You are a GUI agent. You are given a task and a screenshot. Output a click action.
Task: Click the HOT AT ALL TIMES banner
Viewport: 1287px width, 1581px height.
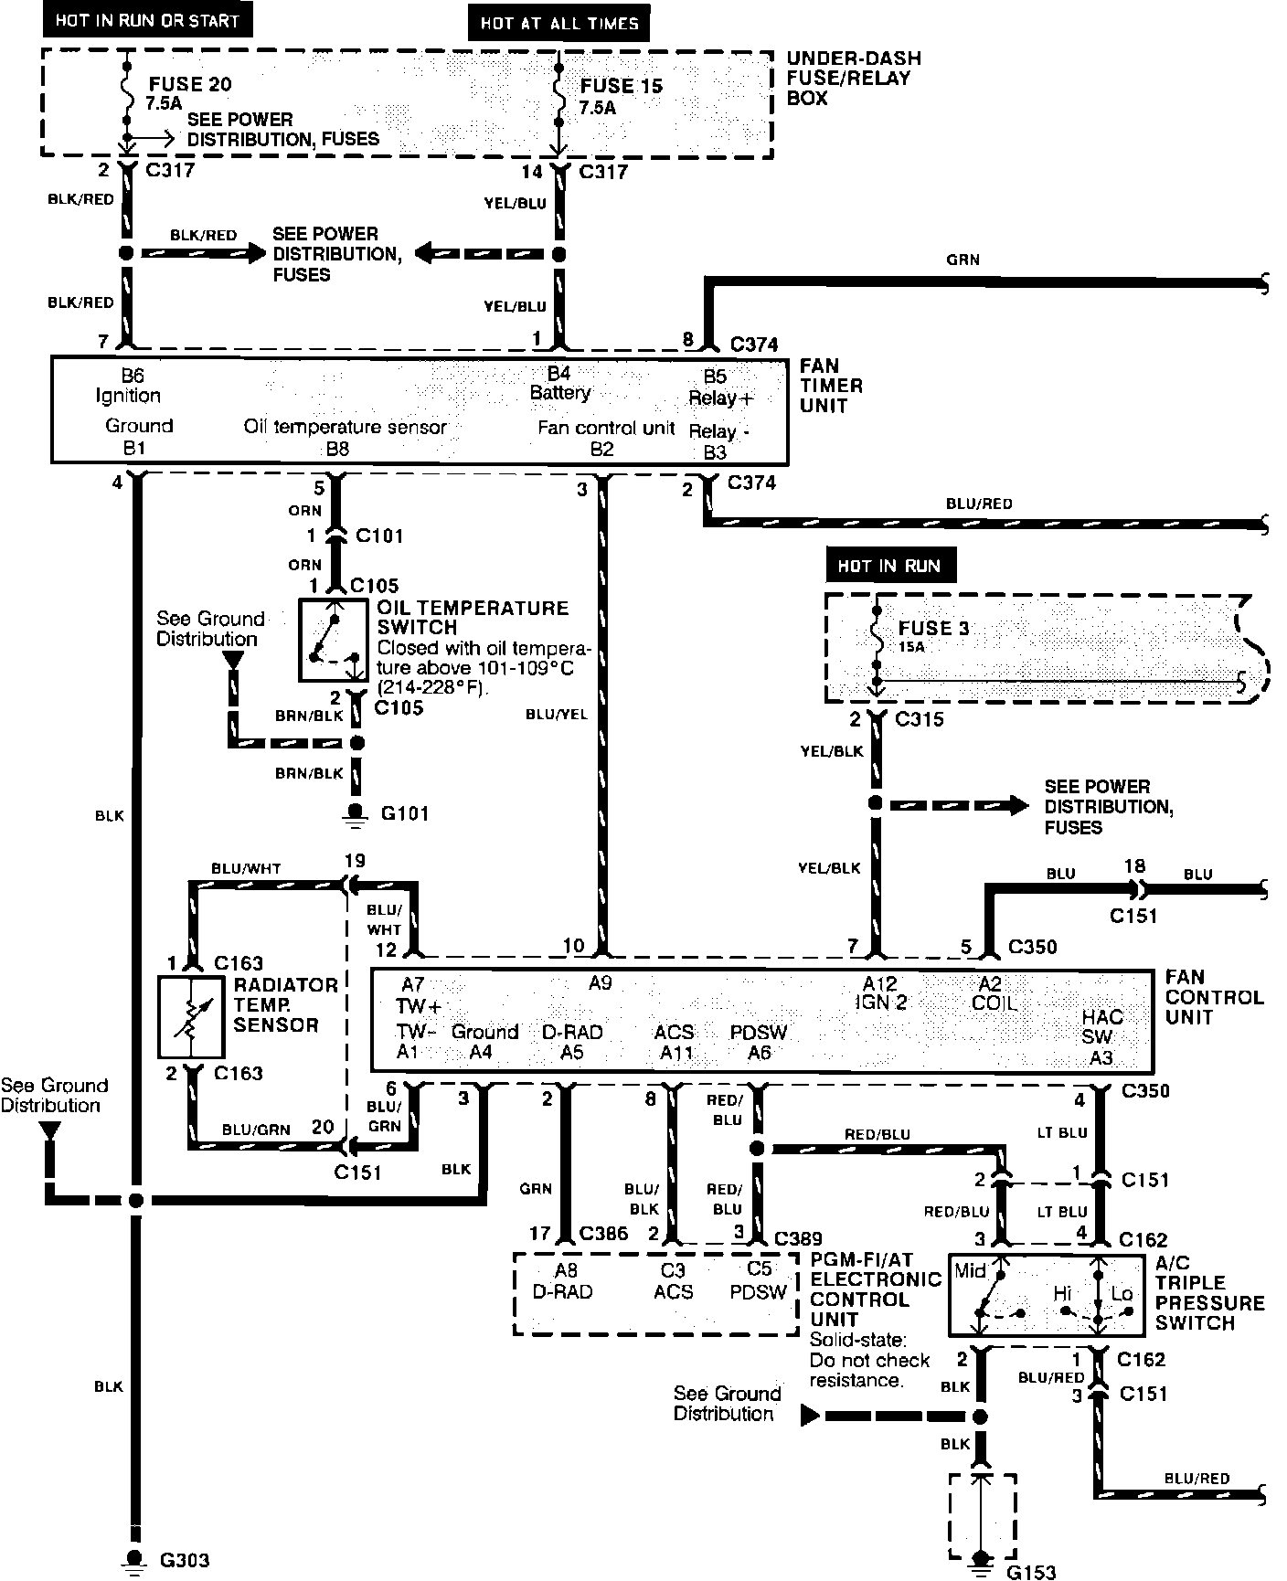click(558, 24)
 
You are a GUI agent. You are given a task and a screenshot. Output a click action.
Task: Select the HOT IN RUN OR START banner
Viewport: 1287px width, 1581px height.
click(147, 20)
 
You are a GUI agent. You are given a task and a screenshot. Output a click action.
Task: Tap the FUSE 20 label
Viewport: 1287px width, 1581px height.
click(189, 85)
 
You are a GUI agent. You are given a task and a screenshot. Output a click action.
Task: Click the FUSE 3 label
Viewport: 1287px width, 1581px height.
click(932, 629)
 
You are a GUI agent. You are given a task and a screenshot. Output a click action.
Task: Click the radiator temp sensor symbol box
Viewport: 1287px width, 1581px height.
click(191, 1017)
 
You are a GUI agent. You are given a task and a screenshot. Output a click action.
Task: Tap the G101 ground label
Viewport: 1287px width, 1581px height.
click(404, 813)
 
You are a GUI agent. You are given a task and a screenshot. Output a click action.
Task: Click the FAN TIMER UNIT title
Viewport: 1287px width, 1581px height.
click(831, 386)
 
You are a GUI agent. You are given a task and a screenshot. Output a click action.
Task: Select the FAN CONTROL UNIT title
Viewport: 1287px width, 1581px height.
click(1213, 997)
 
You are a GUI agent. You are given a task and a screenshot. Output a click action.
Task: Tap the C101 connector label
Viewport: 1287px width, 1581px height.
click(378, 536)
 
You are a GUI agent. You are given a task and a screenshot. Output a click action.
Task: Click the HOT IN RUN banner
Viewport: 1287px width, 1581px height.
click(888, 566)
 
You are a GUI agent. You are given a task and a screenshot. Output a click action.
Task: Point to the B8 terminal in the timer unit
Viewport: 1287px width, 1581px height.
click(337, 449)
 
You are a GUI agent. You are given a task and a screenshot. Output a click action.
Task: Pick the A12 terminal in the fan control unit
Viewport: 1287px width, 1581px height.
click(880, 983)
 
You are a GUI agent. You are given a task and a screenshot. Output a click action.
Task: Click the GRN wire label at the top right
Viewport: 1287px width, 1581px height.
click(963, 260)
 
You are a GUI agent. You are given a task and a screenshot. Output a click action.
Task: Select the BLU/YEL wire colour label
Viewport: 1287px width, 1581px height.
click(557, 715)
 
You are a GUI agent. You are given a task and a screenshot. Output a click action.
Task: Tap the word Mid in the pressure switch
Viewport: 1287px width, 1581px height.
click(970, 1270)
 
